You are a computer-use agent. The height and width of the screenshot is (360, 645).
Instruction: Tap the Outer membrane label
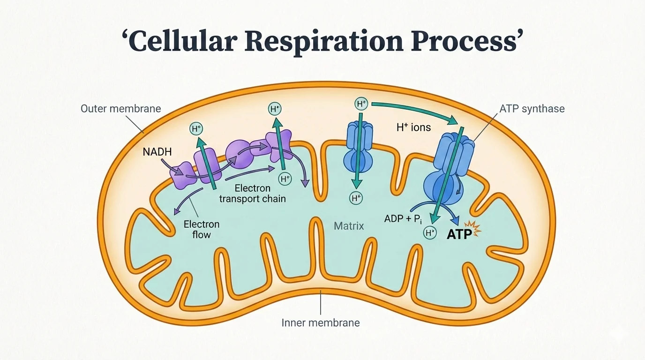click(x=120, y=109)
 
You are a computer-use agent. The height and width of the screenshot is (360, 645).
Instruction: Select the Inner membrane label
click(x=321, y=323)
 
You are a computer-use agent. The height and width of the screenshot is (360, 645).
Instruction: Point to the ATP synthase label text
click(x=532, y=109)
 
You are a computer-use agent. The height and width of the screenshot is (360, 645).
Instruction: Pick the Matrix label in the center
click(x=349, y=226)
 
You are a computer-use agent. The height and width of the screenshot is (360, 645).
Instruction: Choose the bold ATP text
click(x=459, y=235)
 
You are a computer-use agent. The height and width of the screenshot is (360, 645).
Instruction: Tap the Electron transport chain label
click(x=253, y=194)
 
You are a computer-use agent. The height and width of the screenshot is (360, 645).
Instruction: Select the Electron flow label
click(x=201, y=229)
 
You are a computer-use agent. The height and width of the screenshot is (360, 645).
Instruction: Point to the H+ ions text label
click(x=413, y=127)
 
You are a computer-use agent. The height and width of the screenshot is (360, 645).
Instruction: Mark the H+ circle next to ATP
click(x=429, y=232)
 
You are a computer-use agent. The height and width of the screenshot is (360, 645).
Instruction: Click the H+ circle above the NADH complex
click(x=196, y=129)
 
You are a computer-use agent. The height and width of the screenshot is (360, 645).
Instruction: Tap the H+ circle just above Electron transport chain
click(x=285, y=178)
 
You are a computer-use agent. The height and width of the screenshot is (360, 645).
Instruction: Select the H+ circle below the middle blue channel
click(x=356, y=198)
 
